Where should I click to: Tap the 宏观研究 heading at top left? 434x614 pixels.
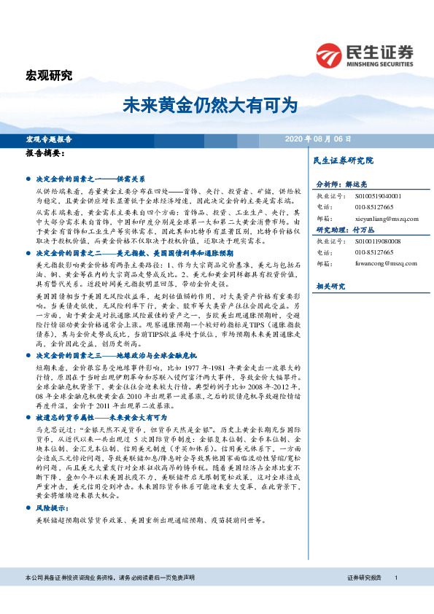tap(49, 75)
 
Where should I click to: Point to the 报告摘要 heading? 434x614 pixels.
tap(45, 154)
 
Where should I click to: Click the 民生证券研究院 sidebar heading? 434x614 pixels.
tap(343, 160)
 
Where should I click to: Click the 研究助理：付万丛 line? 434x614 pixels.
tap(344, 229)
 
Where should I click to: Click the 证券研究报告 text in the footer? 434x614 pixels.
tap(365, 597)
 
